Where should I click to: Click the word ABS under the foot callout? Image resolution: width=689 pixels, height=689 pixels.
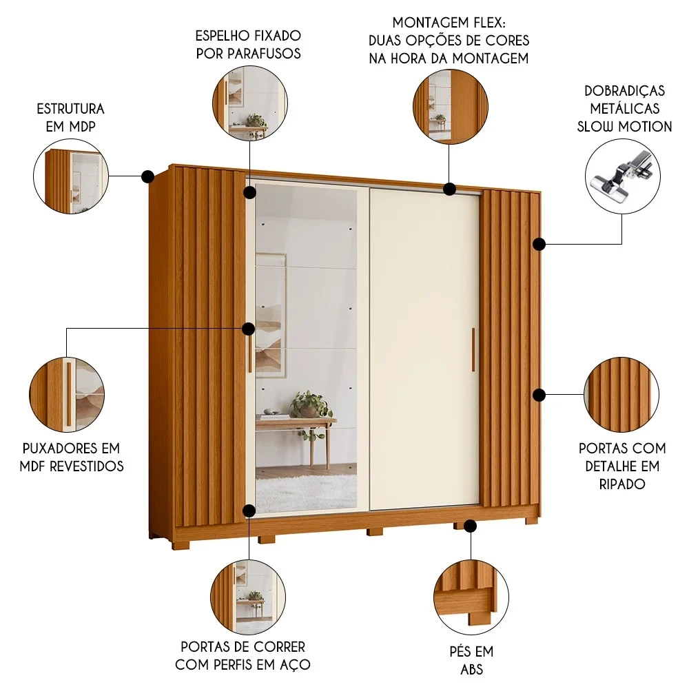471,668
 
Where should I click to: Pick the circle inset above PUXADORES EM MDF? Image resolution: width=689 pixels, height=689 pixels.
68,393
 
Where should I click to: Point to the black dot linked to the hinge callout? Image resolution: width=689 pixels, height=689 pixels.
539,243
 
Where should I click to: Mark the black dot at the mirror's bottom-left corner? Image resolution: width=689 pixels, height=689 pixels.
249,510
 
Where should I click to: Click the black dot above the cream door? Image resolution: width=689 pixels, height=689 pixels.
450,188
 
